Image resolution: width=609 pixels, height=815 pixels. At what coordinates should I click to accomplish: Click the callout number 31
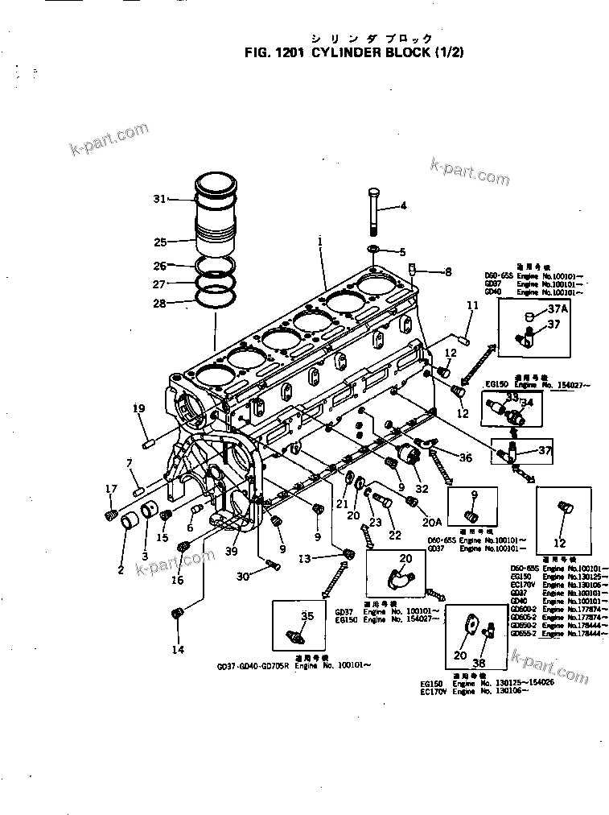[159, 198]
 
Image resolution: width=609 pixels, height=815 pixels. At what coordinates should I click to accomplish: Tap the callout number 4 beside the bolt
[403, 205]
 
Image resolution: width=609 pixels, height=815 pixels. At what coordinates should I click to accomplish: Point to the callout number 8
[448, 271]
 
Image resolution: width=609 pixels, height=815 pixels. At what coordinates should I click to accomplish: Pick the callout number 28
[159, 303]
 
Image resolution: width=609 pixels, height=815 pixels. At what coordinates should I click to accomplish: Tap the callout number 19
[138, 408]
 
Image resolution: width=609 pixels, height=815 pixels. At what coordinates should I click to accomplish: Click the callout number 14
[178, 649]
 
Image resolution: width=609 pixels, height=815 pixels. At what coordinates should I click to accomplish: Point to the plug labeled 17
[111, 515]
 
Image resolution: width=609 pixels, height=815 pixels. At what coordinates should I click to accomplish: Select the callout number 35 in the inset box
[307, 616]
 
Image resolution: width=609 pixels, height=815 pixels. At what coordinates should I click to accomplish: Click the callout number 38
[479, 663]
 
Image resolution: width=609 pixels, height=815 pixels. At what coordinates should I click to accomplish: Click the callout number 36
[466, 458]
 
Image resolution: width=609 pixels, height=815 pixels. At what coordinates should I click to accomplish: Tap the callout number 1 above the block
[319, 240]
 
